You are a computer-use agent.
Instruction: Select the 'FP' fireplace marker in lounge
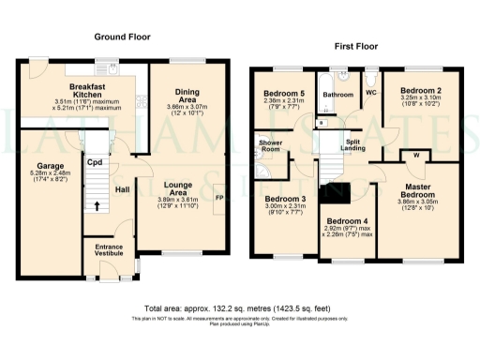point(219,200)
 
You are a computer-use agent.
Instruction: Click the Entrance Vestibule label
point(111,251)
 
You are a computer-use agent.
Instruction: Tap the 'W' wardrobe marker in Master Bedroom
point(414,156)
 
